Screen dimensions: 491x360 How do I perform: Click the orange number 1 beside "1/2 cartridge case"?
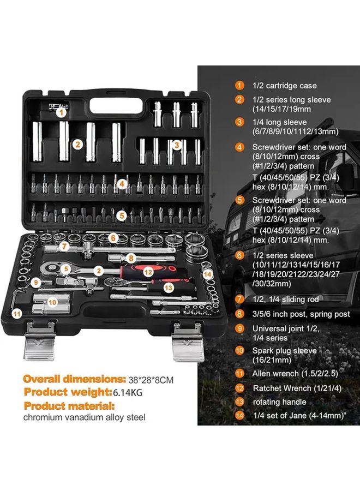(x=239, y=86)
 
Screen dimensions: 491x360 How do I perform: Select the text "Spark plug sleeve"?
(x=284, y=350)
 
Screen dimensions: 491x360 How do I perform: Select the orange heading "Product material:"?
(x=69, y=406)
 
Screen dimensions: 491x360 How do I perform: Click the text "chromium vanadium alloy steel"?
(x=84, y=418)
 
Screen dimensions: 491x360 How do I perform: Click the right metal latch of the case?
(x=188, y=342)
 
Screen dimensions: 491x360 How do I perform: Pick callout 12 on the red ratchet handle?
(x=147, y=270)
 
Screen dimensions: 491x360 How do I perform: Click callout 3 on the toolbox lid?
(x=177, y=145)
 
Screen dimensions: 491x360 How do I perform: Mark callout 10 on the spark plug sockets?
(x=52, y=301)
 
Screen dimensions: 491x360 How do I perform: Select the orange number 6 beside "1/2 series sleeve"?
(x=239, y=255)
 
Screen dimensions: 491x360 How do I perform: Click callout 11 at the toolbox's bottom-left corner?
(x=17, y=313)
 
